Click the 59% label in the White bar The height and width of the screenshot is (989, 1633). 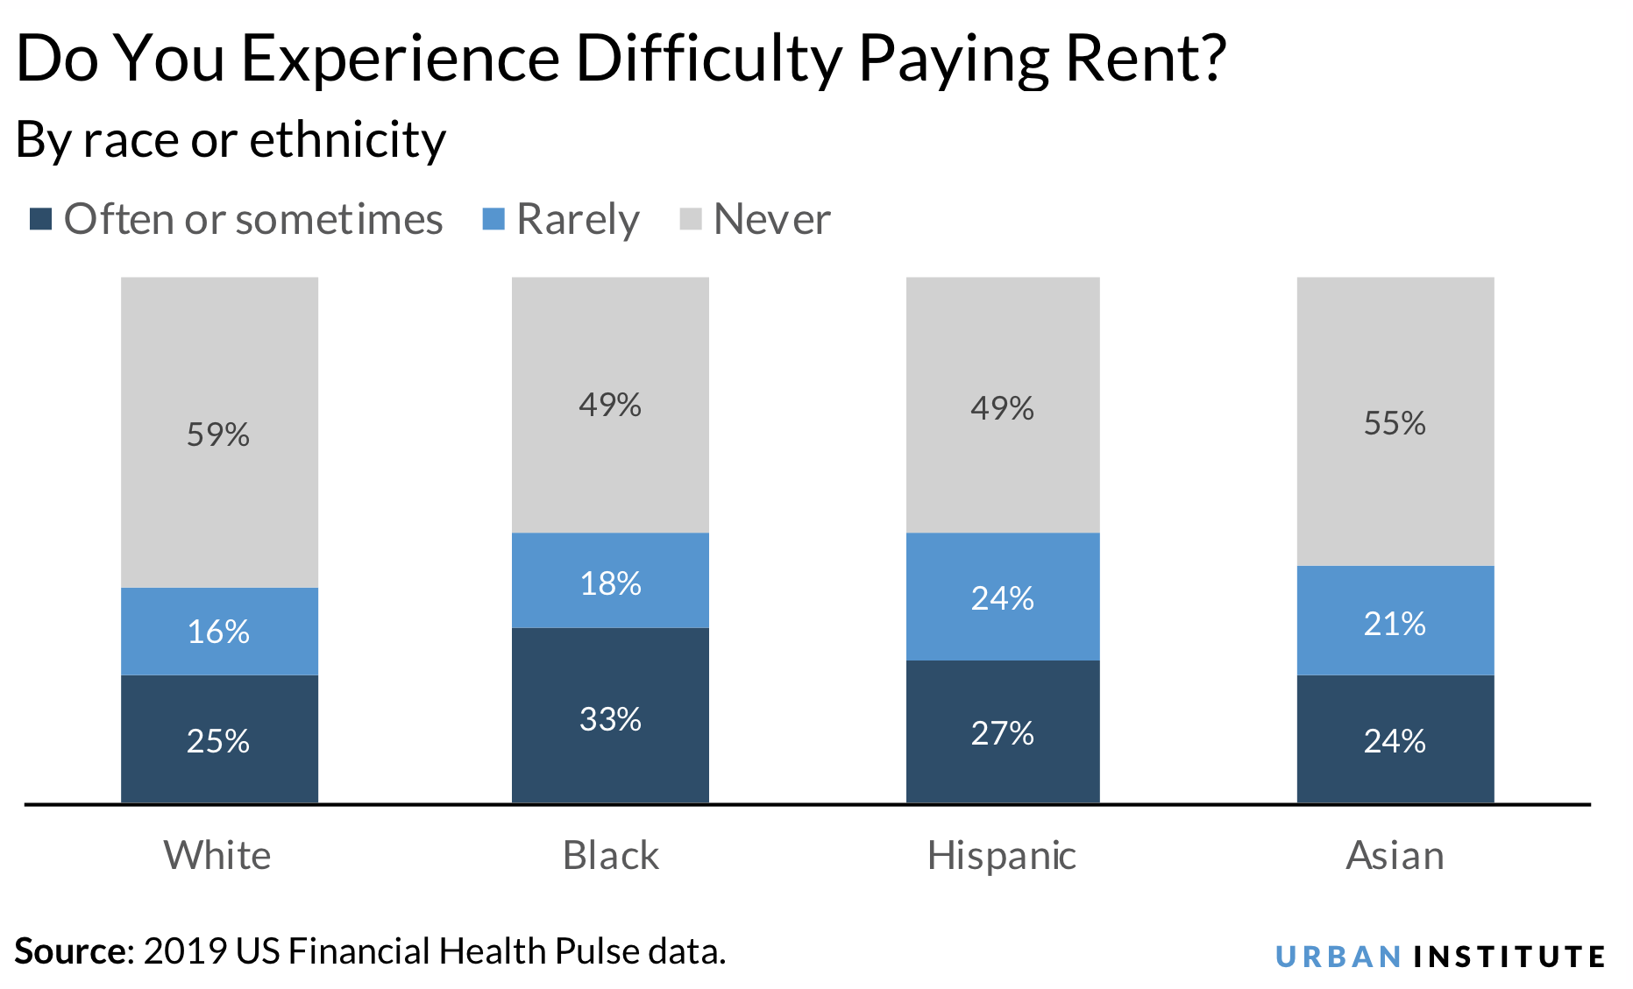coord(218,434)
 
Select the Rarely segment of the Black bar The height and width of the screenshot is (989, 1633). coord(610,580)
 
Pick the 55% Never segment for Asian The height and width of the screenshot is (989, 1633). coord(1395,423)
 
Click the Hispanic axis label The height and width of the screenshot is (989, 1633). coord(1001,855)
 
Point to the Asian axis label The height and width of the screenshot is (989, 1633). coord(1395,855)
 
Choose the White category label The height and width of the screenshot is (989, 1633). coord(217,855)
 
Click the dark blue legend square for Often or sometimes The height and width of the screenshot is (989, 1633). coord(40,219)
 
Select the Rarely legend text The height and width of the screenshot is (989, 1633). coord(578,219)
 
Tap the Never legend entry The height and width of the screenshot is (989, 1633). coord(771,219)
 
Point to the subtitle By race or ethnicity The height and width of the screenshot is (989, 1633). coord(231,140)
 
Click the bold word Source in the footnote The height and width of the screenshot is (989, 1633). coord(70,951)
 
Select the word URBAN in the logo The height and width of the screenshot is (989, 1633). coord(1338,957)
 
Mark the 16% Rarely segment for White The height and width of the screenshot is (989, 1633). coord(218,631)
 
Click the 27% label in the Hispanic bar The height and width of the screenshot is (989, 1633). coord(1002,732)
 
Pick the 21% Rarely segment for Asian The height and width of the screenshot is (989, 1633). coord(1395,622)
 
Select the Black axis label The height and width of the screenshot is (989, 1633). coord(610,855)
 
